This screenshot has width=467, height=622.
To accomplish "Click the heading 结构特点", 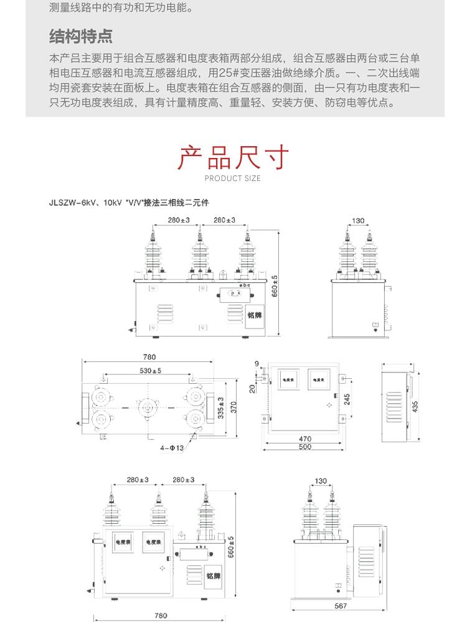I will [81, 37].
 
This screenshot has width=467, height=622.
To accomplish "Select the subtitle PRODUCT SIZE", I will [233, 179].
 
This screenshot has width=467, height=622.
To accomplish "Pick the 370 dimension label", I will [234, 407].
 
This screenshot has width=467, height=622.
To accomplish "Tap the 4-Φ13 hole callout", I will [172, 447].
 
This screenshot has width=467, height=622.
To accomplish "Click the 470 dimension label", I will [304, 439].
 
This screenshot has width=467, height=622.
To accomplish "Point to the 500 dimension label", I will [304, 447].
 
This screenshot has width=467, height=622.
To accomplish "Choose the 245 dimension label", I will [346, 399].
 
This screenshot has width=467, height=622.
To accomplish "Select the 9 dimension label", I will [257, 363].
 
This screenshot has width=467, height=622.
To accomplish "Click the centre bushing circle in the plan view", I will [148, 407].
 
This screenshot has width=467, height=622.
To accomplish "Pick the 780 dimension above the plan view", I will [149, 357].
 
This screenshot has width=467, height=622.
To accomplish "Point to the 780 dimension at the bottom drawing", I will [160, 616].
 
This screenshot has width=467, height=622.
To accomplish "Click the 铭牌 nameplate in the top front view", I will [254, 315].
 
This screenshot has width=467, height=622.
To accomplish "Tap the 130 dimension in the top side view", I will [358, 221].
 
